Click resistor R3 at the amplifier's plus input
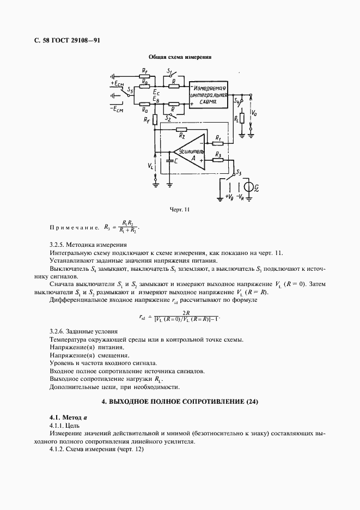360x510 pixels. (x=217, y=161)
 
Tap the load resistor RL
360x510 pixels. (x=241, y=118)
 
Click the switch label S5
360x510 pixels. (x=130, y=89)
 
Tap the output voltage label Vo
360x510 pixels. (x=255, y=113)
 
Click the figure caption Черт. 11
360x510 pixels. (x=180, y=209)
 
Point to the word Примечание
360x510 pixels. (x=74, y=227)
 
